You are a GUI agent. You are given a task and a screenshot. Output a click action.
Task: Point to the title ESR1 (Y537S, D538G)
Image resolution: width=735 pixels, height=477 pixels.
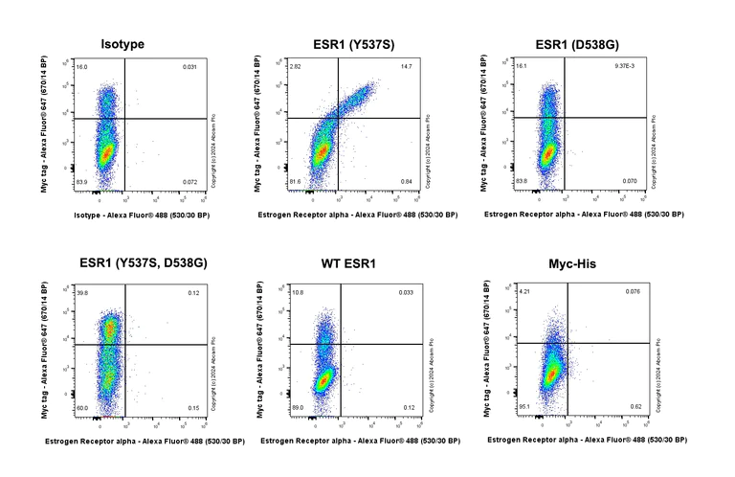click(144, 263)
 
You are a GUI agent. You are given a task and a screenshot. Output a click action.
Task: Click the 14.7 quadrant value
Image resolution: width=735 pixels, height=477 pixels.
click(406, 67)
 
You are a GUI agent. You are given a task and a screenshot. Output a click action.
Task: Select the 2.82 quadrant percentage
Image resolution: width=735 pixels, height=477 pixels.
click(295, 67)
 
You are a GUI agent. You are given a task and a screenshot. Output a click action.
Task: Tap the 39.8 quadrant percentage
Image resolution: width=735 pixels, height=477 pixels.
click(82, 293)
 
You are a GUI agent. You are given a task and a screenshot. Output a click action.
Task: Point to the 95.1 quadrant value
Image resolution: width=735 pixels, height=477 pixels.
click(524, 406)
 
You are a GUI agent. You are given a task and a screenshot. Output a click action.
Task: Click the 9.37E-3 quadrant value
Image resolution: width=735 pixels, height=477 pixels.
click(624, 67)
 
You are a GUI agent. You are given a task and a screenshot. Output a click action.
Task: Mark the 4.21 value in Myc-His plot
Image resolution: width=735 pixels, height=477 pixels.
click(523, 291)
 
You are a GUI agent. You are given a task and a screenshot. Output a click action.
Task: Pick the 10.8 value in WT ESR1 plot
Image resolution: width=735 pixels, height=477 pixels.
click(297, 292)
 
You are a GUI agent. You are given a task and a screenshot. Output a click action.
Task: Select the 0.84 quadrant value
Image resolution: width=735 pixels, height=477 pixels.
click(406, 181)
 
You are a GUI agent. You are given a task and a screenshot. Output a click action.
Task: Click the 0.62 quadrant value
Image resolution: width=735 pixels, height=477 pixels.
click(632, 406)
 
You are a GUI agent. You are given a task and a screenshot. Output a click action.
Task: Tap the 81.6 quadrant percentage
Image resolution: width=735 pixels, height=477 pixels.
click(295, 181)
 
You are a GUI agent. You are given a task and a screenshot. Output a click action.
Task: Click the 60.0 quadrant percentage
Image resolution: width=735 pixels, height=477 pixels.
click(82, 407)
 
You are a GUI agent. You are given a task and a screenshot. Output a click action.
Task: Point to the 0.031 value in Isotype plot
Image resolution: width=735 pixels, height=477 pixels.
click(189, 67)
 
